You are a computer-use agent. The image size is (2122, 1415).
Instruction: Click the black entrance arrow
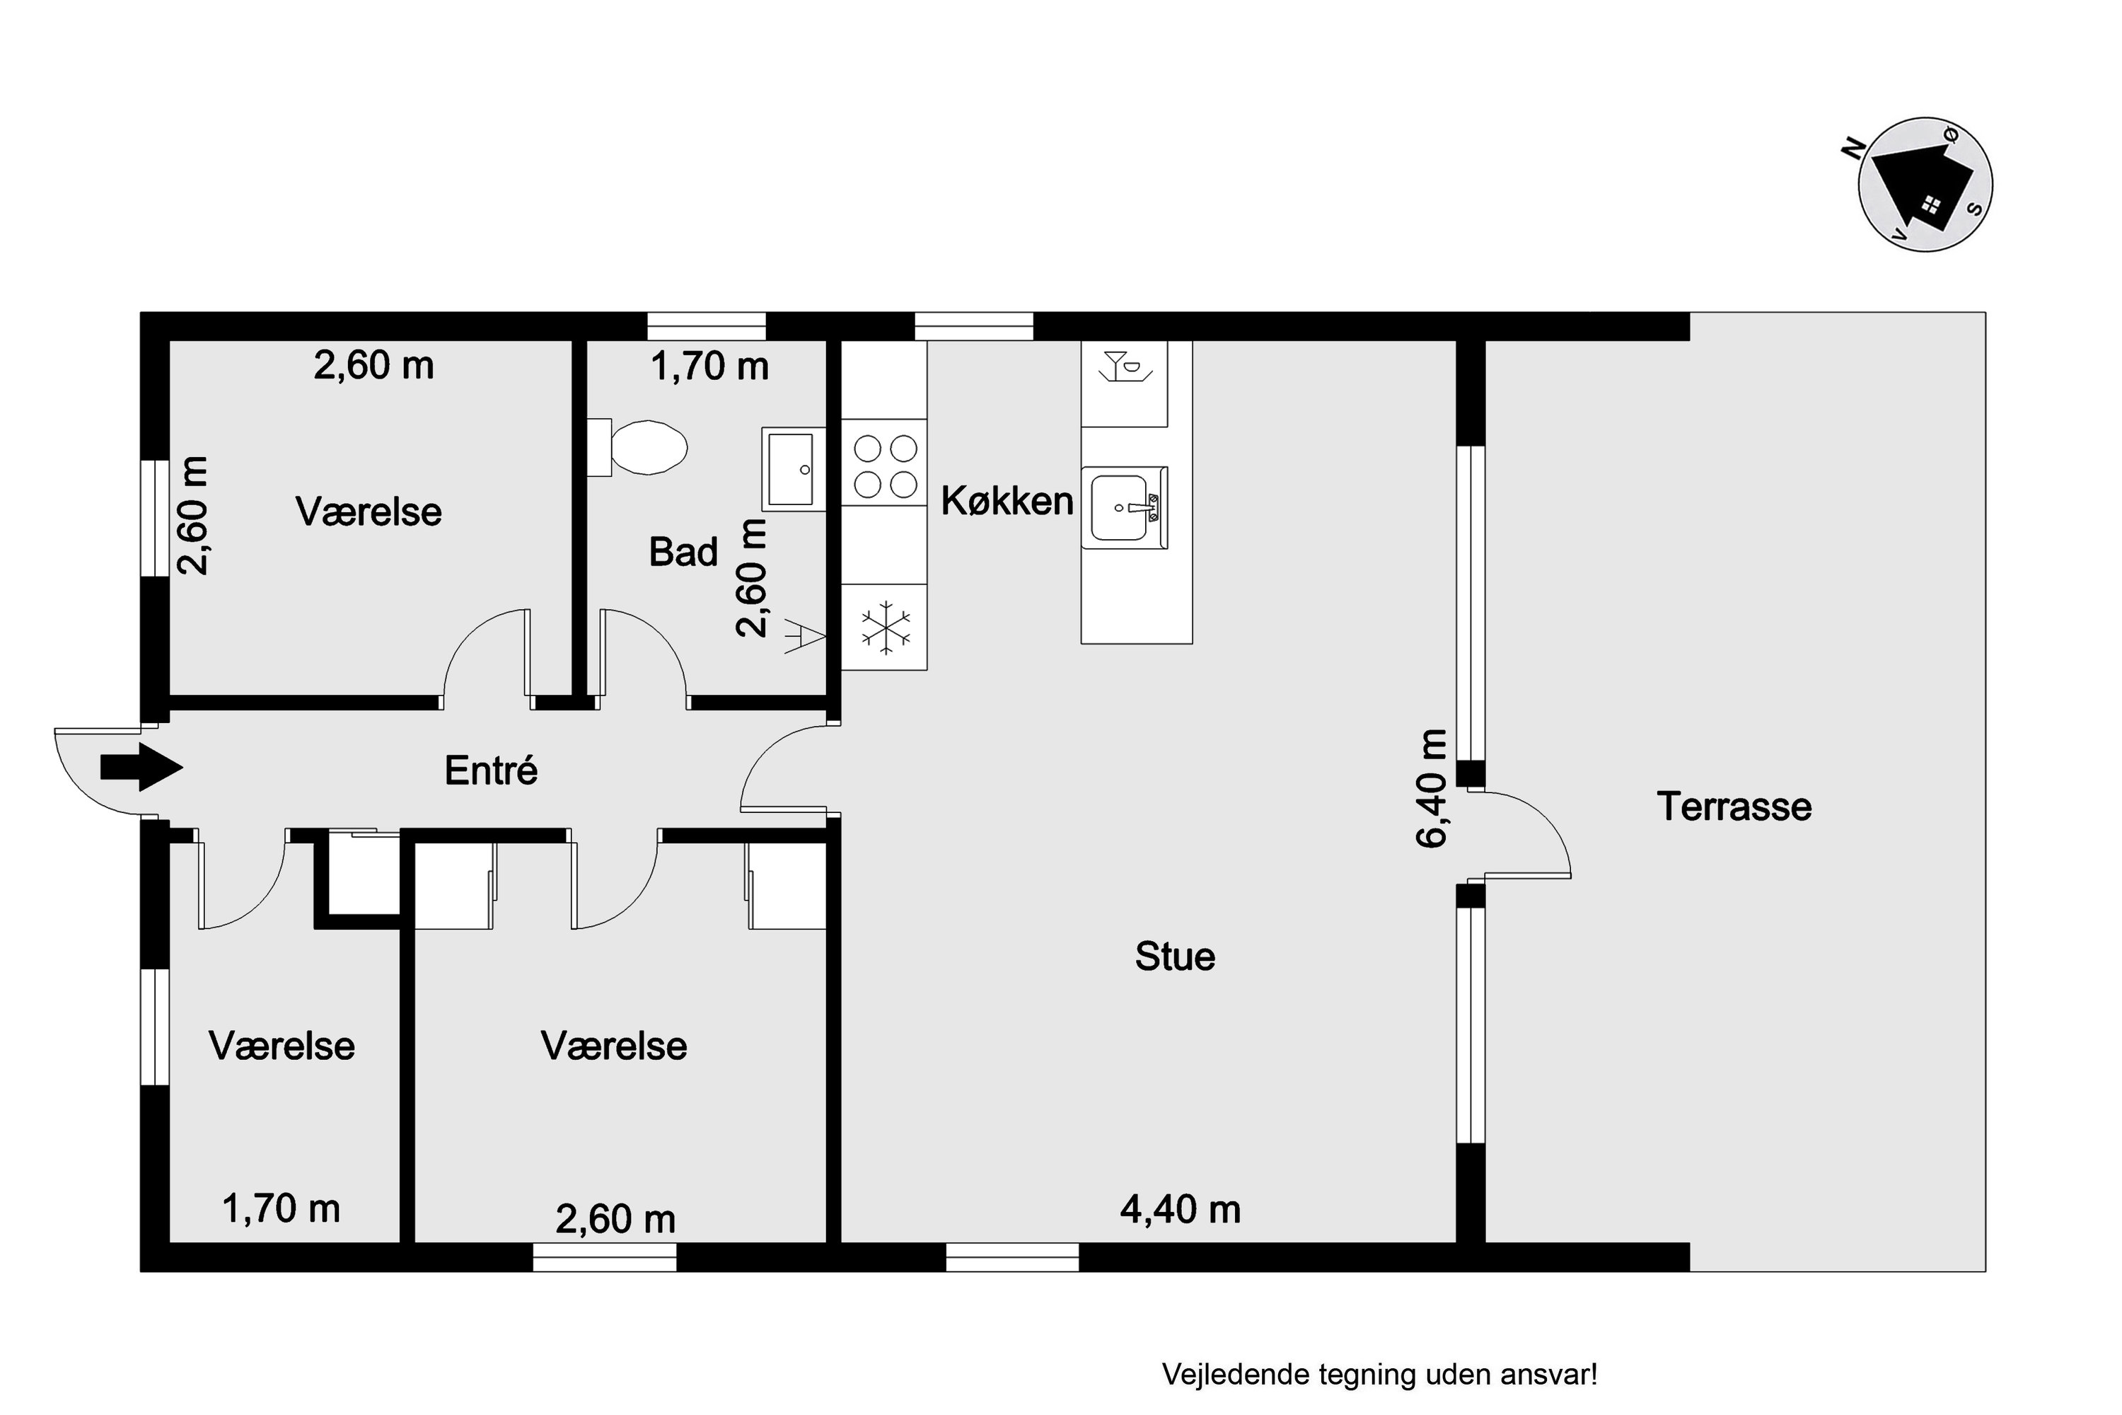coord(141,767)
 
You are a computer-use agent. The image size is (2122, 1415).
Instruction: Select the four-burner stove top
coord(885,466)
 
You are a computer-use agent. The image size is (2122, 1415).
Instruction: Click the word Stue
coord(1175,957)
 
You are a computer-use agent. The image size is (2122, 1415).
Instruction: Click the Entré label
coord(491,770)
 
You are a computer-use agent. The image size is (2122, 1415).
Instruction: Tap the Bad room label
coord(683,551)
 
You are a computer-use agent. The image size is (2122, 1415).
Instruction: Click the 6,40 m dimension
coord(1431,788)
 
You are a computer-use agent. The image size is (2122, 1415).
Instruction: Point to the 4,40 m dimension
coord(1180,1209)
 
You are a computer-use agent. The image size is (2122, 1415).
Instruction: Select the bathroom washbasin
coord(793,469)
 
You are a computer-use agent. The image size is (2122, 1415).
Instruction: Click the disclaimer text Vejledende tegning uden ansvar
coord(1379,1375)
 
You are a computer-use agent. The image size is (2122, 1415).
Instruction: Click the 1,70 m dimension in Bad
coord(710,366)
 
